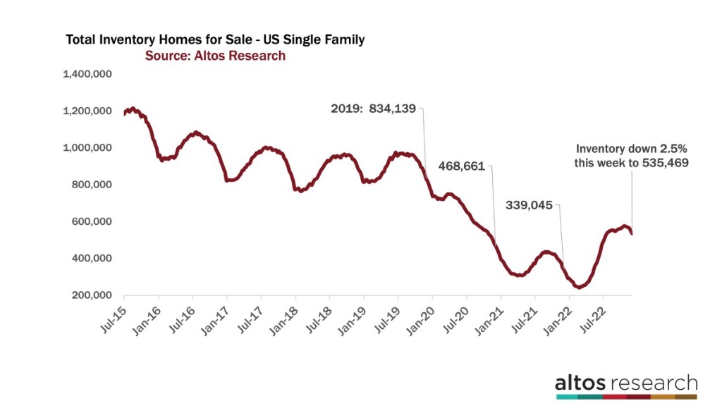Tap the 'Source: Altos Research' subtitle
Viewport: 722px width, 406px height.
click(215, 56)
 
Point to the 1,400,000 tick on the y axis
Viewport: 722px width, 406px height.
click(88, 74)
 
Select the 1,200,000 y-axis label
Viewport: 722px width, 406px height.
click(88, 111)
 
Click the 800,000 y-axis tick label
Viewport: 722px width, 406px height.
click(92, 185)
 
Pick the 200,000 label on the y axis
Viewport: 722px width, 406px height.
click(92, 295)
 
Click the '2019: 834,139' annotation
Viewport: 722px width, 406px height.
click(374, 109)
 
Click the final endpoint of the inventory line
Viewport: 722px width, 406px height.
click(632, 233)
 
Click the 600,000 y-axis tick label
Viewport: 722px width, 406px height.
click(92, 221)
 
